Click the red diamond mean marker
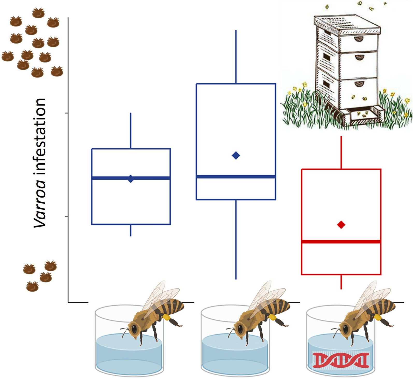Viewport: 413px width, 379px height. point(341,225)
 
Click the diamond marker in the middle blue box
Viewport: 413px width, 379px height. point(236,156)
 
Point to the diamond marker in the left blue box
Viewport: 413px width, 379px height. point(131,179)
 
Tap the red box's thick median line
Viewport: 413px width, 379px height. point(341,242)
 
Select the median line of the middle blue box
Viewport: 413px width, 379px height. point(236,177)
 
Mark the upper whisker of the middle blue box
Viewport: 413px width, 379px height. point(236,57)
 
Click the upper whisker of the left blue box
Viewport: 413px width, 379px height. point(131,131)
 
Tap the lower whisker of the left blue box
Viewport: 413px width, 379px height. point(131,230)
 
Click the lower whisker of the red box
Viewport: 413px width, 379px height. point(341,282)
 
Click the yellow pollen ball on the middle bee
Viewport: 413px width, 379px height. point(272,317)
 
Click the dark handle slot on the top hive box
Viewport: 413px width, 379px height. point(359,39)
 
